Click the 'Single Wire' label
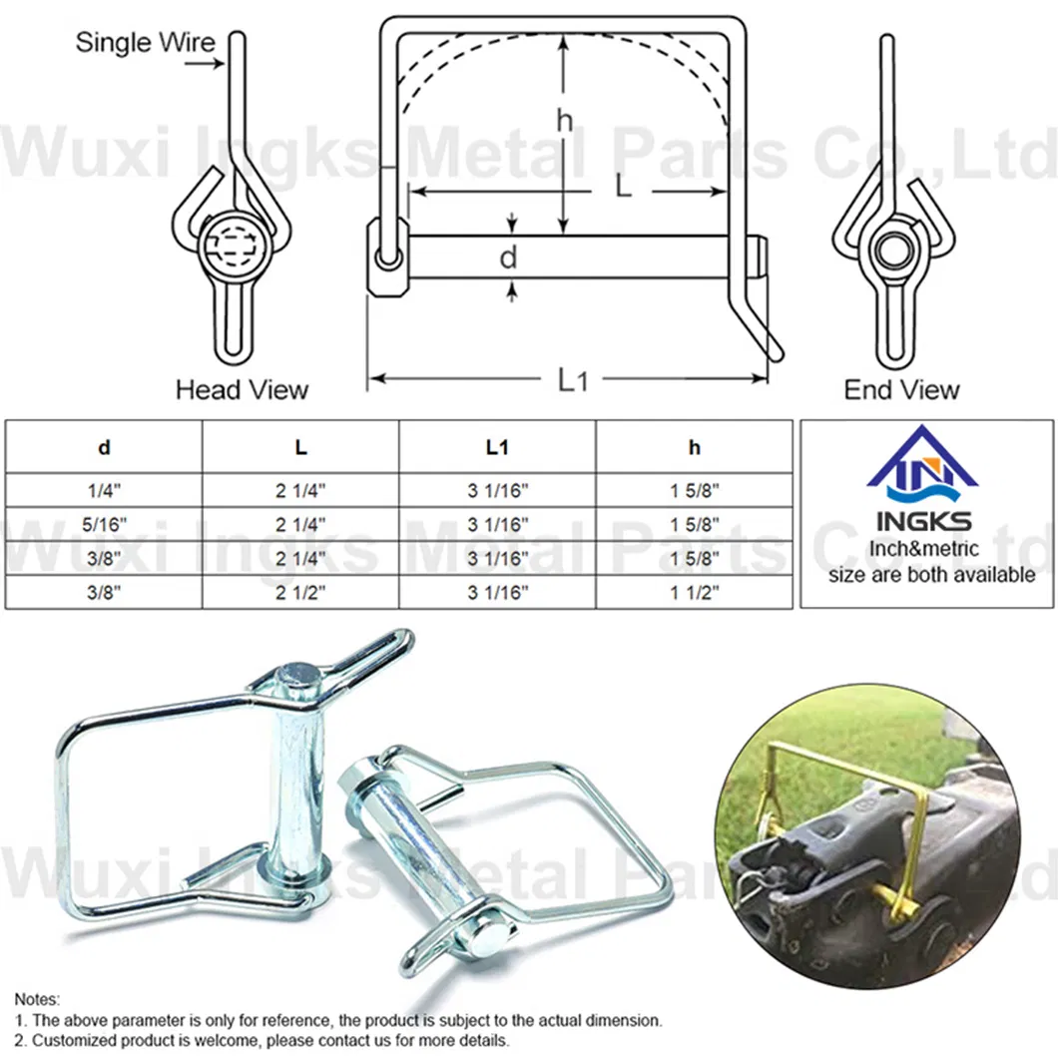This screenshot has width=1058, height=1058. pyautogui.click(x=145, y=42)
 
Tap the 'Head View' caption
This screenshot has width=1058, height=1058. pyautogui.click(x=242, y=389)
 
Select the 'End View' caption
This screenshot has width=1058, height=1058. pyautogui.click(x=901, y=389)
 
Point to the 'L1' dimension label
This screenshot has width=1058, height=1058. pyautogui.click(x=572, y=379)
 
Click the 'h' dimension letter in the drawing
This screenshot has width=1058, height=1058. pyautogui.click(x=565, y=121)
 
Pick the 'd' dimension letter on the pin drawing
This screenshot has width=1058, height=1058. pyautogui.click(x=509, y=259)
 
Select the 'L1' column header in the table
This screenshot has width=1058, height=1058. pyautogui.click(x=497, y=448)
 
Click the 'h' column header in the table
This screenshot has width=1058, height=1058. pyautogui.click(x=694, y=448)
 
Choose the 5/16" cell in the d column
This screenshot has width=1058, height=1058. pyautogui.click(x=105, y=524)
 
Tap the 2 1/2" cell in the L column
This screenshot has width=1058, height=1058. pyautogui.click(x=300, y=592)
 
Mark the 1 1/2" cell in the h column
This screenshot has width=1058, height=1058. pyautogui.click(x=694, y=592)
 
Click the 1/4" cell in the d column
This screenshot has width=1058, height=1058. pyautogui.click(x=105, y=490)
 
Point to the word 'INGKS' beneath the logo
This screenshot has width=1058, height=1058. pyautogui.click(x=923, y=521)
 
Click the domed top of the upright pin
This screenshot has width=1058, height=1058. pyautogui.click(x=298, y=675)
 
